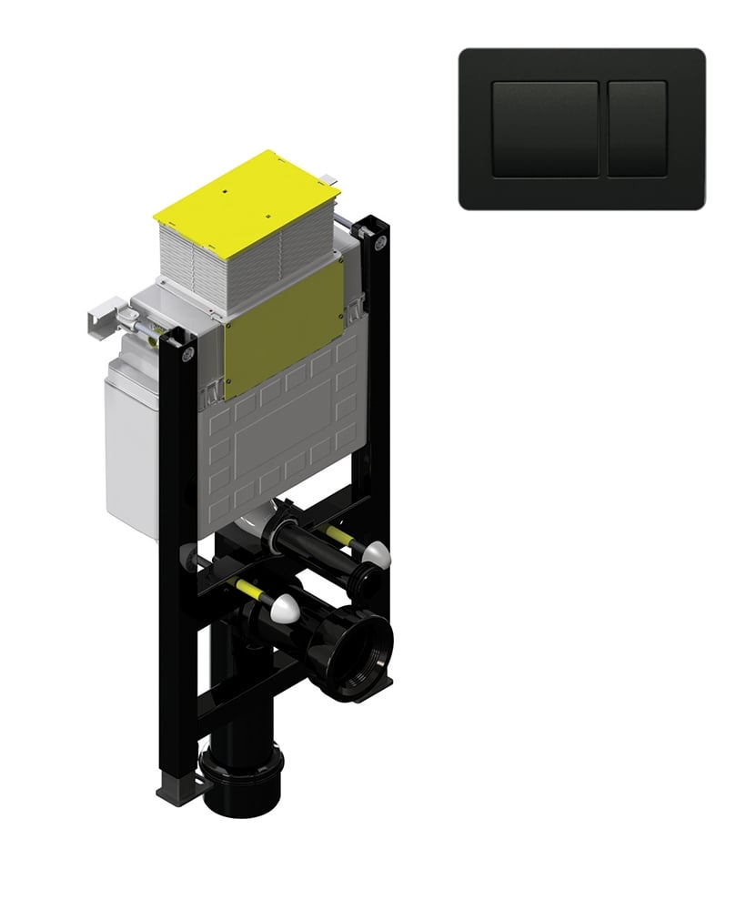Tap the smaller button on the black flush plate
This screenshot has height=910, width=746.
tap(637, 128)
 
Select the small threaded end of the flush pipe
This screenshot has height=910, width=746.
tap(366, 580)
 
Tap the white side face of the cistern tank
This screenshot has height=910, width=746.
tap(127, 446)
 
